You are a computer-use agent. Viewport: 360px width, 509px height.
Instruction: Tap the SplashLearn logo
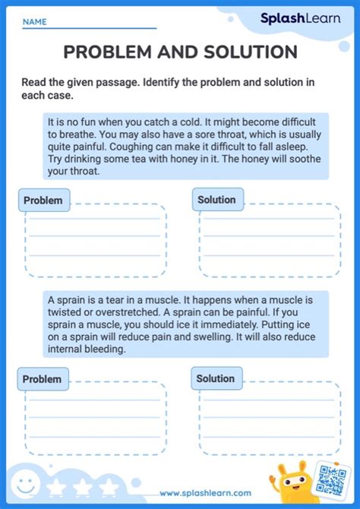(300, 19)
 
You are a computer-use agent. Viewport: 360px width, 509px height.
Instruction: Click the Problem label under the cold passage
(43, 201)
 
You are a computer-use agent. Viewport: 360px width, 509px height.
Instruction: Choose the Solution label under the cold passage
(217, 200)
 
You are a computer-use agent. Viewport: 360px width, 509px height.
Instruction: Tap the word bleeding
(106, 350)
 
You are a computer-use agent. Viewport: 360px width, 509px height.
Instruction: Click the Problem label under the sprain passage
(42, 379)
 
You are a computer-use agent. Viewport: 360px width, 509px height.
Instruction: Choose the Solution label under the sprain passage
(216, 378)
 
